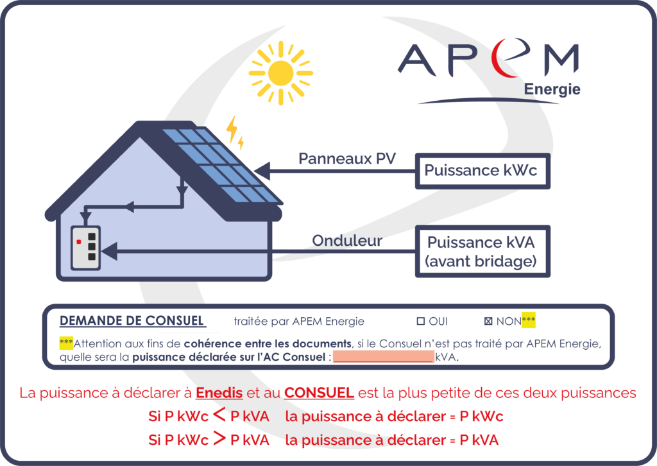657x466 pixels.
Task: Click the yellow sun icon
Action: (280, 73)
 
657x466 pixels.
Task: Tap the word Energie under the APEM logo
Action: (552, 89)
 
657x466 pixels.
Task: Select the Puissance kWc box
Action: (482, 170)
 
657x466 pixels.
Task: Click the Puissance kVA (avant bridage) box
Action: (482, 252)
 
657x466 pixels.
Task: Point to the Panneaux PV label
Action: (347, 159)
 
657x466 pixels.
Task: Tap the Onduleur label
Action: (347, 241)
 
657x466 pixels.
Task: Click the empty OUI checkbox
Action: (422, 321)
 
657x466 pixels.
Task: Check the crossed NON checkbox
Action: (489, 321)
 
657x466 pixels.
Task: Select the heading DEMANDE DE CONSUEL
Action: (132, 321)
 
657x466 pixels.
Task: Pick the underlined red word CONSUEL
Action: (319, 393)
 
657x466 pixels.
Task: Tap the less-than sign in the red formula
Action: (219, 416)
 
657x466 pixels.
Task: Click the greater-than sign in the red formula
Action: (219, 440)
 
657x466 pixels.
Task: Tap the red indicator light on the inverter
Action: (78, 242)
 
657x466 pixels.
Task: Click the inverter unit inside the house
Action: (85, 247)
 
